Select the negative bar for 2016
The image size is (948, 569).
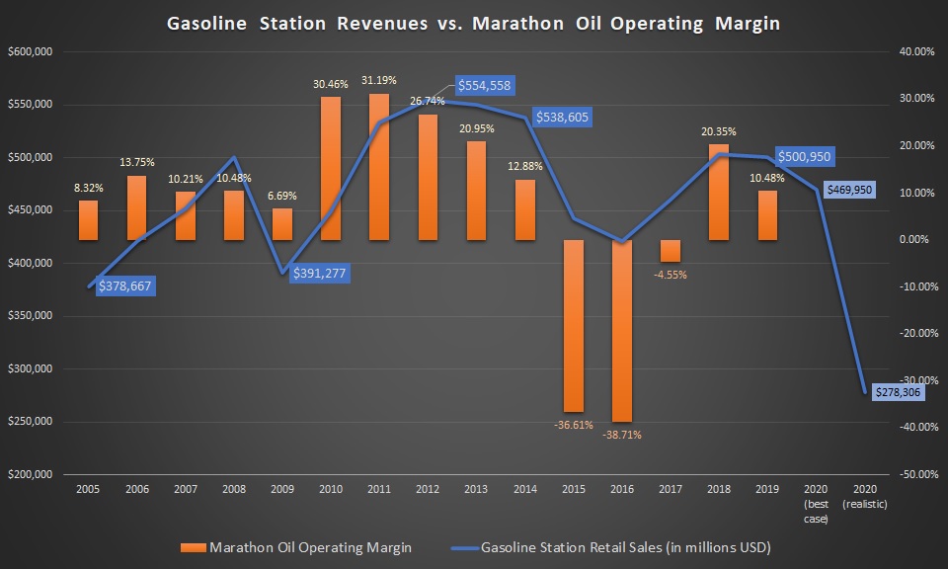tap(622, 331)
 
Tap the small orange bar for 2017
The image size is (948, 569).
tap(670, 251)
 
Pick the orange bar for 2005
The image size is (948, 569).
tap(88, 220)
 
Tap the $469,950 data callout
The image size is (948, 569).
tap(848, 190)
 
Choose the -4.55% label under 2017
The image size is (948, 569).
tap(670, 275)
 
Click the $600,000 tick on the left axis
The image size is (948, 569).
tap(30, 52)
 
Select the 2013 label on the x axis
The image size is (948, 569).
tap(474, 488)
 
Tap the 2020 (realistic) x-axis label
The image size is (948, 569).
tap(865, 496)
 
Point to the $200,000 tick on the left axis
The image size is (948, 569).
tap(30, 474)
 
